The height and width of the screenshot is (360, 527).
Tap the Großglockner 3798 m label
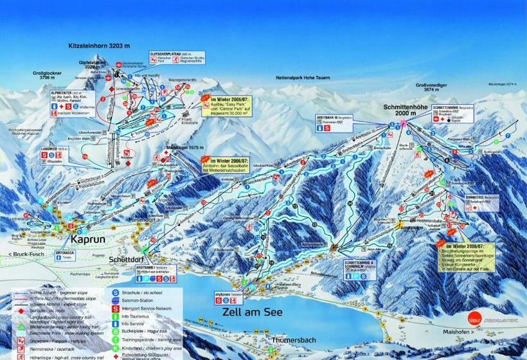coord(49,76)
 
